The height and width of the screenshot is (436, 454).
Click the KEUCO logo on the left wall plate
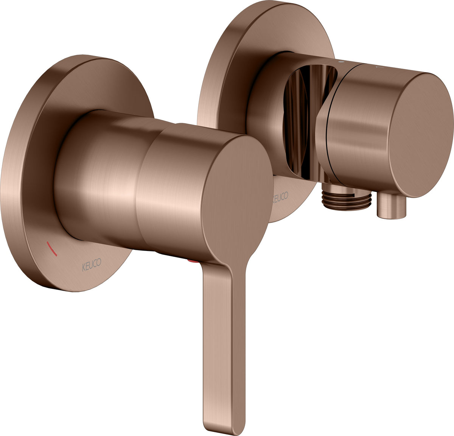(x=92, y=265)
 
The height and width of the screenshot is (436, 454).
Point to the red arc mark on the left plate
(x=52, y=249)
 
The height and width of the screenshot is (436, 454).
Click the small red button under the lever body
(x=193, y=261)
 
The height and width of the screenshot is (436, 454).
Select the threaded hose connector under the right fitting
(x=346, y=199)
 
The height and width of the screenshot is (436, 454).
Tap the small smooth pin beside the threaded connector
(x=392, y=206)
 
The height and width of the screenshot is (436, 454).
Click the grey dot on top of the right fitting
(x=341, y=62)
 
